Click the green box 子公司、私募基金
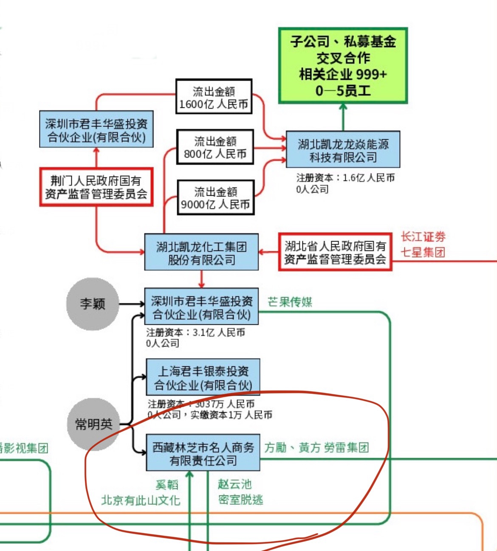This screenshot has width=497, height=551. coord(343,65)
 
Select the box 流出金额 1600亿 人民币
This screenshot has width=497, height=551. coord(214,97)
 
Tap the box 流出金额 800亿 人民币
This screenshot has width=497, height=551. coord(215,147)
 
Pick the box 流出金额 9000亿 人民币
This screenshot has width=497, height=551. coord(215,197)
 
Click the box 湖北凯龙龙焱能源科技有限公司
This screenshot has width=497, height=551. coord(343,149)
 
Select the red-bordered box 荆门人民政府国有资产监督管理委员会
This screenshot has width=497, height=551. coord(96,187)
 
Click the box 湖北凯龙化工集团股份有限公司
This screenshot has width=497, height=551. coord(201,252)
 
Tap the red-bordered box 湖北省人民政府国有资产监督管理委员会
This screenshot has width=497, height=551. coord(335,252)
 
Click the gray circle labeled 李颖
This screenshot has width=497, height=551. coord(92,304)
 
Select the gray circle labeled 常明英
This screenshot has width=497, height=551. coord(93,424)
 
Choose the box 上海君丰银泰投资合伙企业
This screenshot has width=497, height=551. coord(203,377)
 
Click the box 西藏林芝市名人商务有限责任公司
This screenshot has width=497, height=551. coord(203,453)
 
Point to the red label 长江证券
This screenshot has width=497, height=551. coord(423,237)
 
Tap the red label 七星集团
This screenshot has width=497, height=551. coord(423,253)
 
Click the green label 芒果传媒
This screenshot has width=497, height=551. coord(290,302)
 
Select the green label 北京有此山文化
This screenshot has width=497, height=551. coord(141,500)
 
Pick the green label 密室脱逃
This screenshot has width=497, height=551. coord(240,500)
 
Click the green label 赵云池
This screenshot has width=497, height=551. coord(235,484)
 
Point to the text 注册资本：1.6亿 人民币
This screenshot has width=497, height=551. coord(345,178)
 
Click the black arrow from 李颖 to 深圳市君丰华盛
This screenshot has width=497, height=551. coord(131,304)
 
